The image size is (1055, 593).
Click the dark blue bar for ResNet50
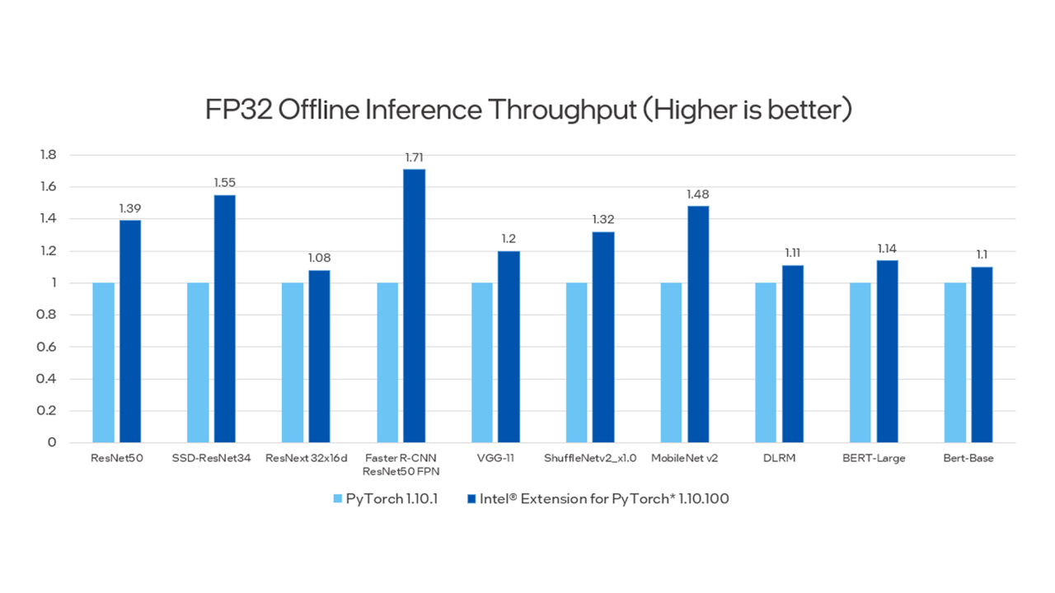130,331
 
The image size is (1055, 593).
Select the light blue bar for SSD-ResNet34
198,362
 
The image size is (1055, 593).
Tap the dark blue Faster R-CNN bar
415,306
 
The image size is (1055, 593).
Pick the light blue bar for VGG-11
482,362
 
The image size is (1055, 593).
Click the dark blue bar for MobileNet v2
698,324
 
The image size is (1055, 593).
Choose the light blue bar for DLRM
766,362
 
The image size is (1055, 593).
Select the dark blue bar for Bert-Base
982,354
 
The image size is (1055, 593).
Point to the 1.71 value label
414,157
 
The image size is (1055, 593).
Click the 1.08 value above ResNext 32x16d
319,258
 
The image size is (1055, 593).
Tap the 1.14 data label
887,249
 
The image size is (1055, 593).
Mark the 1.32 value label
603,220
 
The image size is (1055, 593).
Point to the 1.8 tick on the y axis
48,155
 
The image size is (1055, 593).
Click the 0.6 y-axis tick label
48,347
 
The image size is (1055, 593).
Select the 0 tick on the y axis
52,443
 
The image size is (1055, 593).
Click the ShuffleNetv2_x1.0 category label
590,459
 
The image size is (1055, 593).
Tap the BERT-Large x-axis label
874,459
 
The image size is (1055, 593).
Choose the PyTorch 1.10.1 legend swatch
338,498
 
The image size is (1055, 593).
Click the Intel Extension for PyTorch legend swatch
471,498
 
